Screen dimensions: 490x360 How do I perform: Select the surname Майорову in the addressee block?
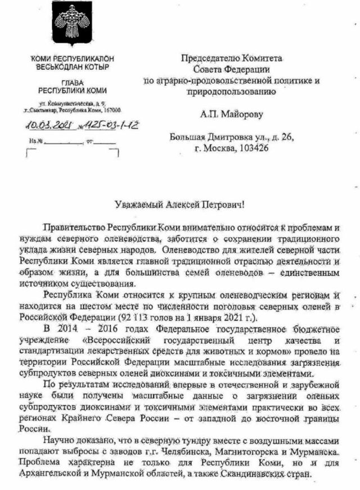point(233,114)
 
